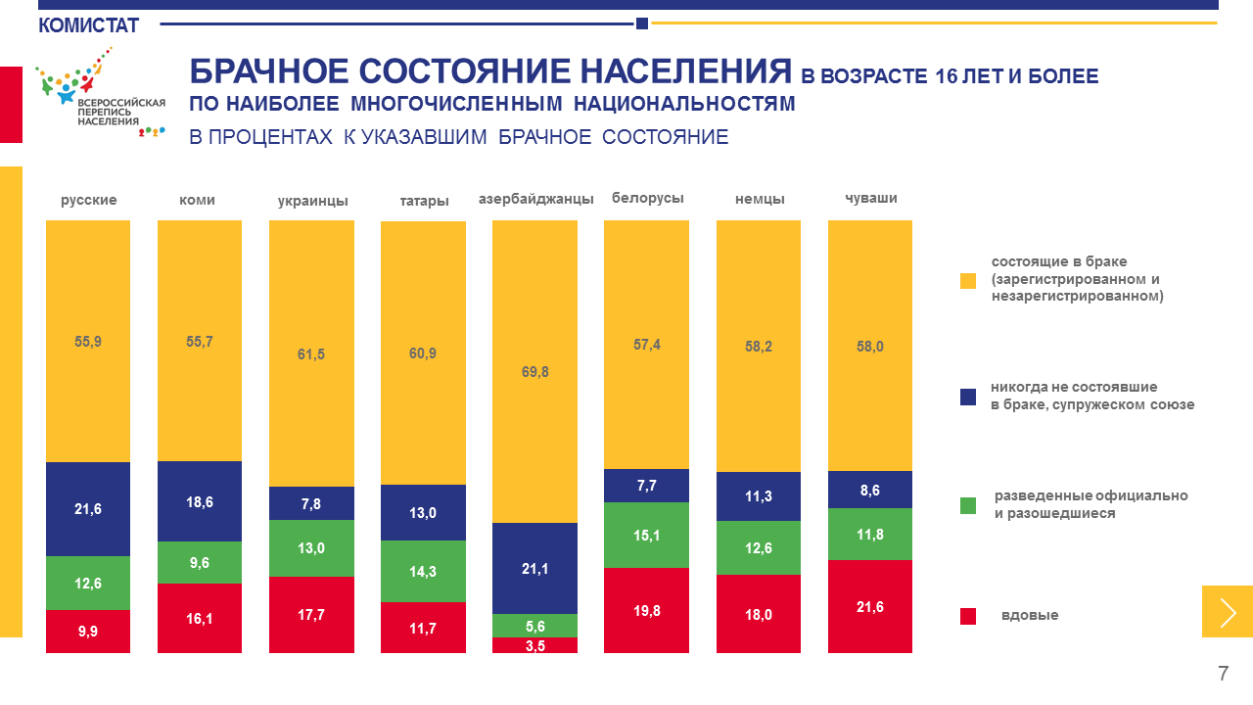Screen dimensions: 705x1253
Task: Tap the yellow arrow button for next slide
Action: point(1228,612)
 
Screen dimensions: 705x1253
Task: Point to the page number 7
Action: point(1223,674)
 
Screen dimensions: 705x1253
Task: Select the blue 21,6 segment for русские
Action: point(88,509)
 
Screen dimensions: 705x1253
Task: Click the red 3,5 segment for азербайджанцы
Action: point(534,645)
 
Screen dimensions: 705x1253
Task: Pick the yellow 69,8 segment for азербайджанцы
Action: point(534,372)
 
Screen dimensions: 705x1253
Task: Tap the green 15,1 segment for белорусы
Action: point(646,535)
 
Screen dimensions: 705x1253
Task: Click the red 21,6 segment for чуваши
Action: point(870,606)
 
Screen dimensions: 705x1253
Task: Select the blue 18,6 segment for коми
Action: point(200,501)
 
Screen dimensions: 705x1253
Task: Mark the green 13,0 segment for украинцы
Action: point(311,548)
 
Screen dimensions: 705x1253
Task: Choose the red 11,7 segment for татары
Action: point(423,628)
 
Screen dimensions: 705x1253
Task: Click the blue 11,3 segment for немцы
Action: point(759,496)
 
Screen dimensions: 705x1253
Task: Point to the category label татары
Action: point(424,201)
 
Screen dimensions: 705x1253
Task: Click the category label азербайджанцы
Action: point(535,199)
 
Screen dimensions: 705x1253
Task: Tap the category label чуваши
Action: point(870,198)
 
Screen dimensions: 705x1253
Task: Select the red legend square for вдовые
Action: point(968,616)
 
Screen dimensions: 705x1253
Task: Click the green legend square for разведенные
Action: point(968,505)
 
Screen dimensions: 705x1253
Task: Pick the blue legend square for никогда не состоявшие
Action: point(968,397)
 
